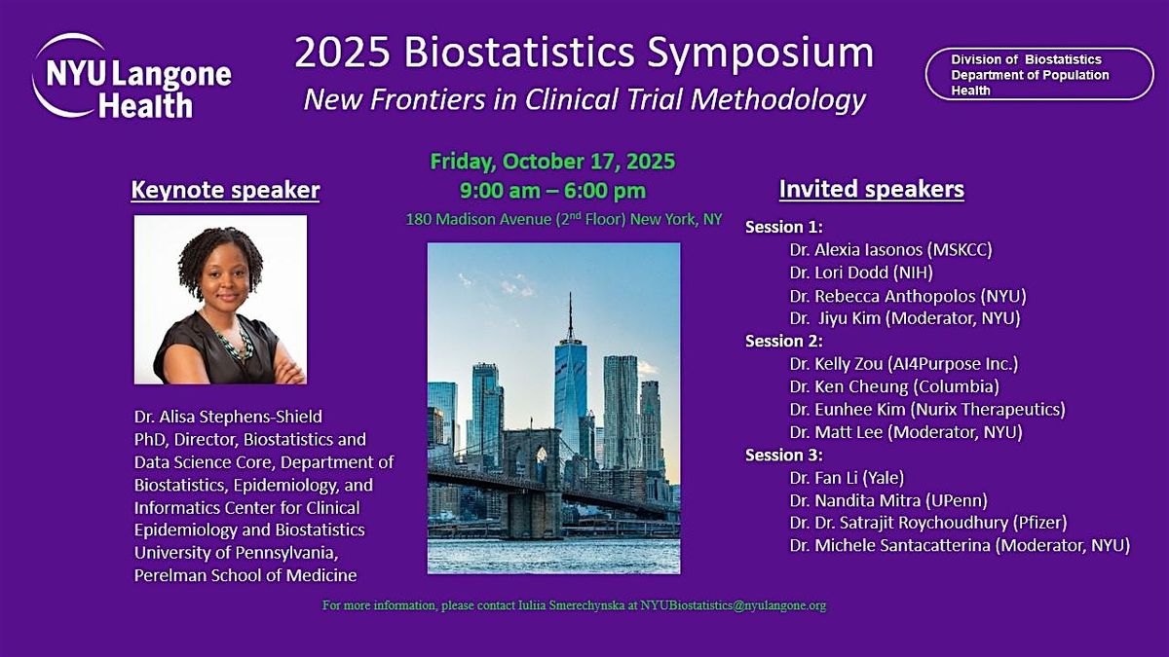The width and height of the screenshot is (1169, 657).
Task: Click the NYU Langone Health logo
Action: (x=132, y=76)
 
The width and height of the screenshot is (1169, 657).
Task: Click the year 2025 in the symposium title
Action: (x=342, y=53)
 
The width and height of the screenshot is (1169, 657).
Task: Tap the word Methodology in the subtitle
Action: (x=778, y=100)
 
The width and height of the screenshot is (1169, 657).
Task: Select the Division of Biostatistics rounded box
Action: (x=1039, y=74)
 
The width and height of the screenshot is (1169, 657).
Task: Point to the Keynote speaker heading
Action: (x=225, y=190)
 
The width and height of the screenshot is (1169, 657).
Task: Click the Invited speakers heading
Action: (x=872, y=189)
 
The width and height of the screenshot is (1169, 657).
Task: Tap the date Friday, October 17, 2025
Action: (x=552, y=162)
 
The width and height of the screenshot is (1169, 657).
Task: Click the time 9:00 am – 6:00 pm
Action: (x=552, y=191)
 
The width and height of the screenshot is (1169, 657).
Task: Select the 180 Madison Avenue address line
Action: (x=564, y=219)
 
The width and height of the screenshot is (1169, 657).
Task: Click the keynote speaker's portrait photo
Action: (x=221, y=300)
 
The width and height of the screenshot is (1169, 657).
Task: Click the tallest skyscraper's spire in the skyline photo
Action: (x=570, y=316)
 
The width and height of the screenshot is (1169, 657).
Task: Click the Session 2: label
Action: (x=784, y=341)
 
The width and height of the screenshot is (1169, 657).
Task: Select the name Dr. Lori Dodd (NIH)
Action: (x=861, y=273)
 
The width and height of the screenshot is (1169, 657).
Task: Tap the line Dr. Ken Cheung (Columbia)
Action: (x=894, y=387)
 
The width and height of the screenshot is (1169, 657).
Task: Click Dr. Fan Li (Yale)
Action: (x=847, y=478)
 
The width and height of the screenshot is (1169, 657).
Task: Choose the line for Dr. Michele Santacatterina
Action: (x=960, y=545)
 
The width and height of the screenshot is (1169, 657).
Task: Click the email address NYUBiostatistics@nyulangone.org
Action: (x=734, y=605)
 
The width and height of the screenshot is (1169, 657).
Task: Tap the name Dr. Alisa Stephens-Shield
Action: (x=229, y=417)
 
